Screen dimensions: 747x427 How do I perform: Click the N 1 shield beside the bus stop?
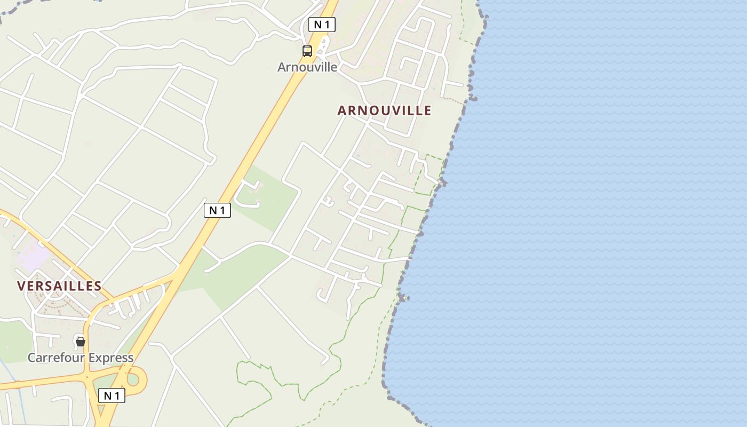click(x=322, y=25)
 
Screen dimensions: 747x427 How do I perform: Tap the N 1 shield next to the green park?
click(x=217, y=210)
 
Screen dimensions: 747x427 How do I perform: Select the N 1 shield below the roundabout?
click(x=112, y=396)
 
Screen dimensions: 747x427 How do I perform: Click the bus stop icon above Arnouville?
click(x=307, y=51)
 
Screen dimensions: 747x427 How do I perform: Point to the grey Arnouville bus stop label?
click(x=307, y=67)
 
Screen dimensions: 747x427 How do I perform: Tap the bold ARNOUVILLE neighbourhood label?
click(x=384, y=110)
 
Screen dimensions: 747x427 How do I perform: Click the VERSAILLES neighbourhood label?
click(x=59, y=286)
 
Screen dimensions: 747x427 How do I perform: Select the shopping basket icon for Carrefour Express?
click(x=81, y=341)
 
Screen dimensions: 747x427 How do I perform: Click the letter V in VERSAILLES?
click(x=21, y=286)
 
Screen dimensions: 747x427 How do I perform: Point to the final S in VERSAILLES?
click(x=98, y=286)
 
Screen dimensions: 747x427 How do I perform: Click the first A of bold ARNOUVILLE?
click(x=342, y=110)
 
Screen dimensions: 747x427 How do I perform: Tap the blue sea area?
click(x=587, y=213)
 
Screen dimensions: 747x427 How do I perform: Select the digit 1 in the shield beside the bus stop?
click(x=327, y=25)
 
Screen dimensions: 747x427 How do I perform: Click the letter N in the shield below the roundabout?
click(x=107, y=396)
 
